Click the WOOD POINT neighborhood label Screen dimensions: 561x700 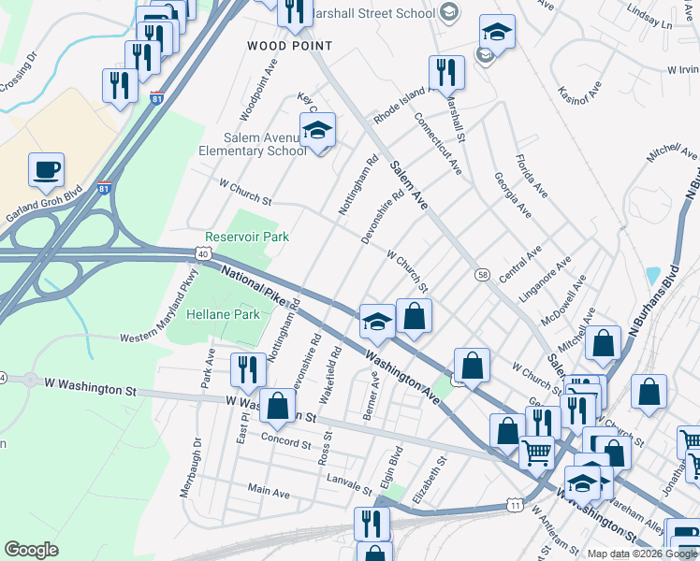(289, 46)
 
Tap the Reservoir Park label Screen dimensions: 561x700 (248, 237)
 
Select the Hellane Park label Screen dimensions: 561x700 (223, 315)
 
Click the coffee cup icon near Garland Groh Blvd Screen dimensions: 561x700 (46, 170)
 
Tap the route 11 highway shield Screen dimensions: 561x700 (516, 506)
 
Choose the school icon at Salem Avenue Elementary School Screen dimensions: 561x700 (317, 132)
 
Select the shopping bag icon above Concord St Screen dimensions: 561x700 (277, 407)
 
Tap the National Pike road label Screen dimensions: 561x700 (252, 283)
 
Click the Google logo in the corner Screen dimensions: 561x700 (31, 550)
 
